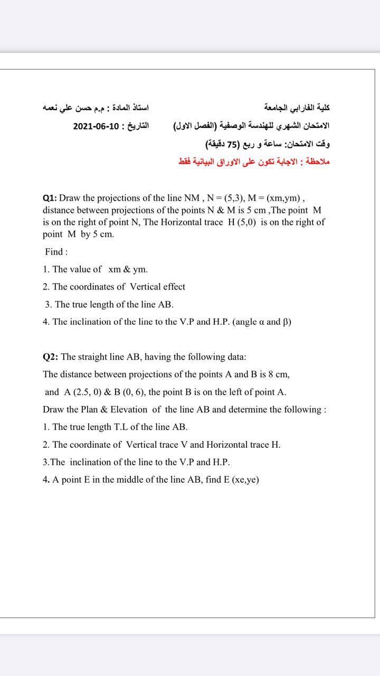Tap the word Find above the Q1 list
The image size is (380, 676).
(54, 252)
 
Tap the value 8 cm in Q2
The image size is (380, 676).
(279, 374)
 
